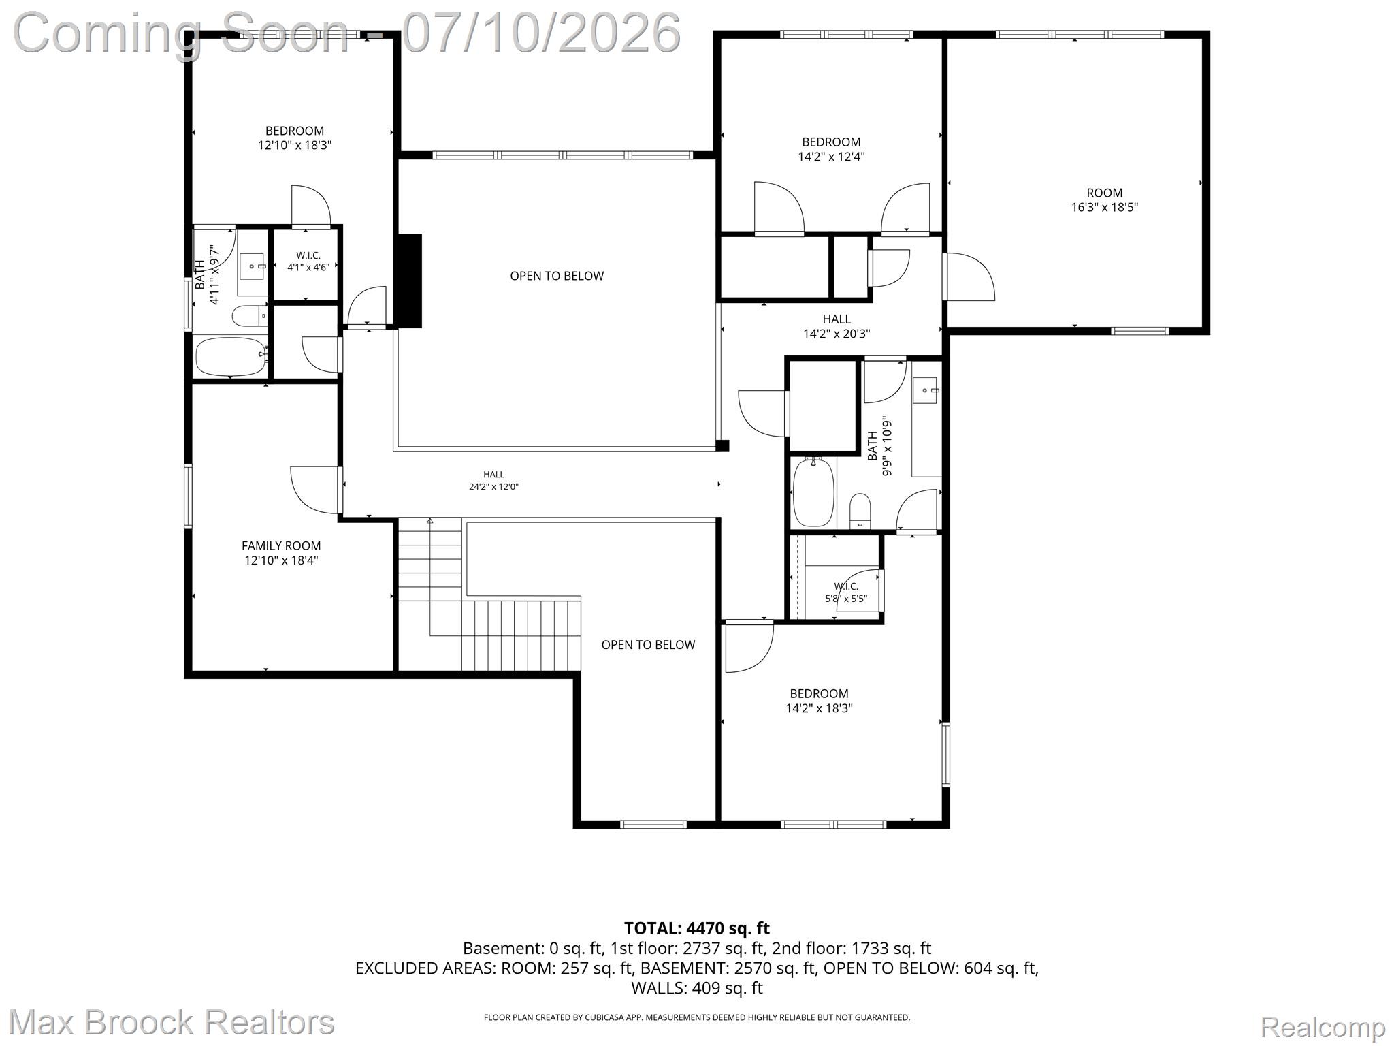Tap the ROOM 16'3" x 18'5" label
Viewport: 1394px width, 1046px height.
click(1104, 200)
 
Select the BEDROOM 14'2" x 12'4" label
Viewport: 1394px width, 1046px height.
click(831, 149)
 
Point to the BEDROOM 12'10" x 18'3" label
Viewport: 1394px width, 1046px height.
click(295, 138)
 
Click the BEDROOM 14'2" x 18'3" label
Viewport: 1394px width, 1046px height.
click(819, 701)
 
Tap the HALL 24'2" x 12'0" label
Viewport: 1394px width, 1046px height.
click(494, 481)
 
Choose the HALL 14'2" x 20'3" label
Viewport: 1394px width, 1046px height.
click(837, 326)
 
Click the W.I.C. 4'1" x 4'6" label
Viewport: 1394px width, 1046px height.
click(308, 261)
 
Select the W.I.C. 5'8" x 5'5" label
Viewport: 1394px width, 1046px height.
click(846, 592)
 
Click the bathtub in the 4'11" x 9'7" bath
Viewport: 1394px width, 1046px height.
click(231, 357)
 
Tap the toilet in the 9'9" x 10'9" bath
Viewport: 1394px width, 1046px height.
click(860, 511)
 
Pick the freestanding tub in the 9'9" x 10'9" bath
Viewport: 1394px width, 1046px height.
click(814, 492)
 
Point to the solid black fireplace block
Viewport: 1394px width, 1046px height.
click(409, 281)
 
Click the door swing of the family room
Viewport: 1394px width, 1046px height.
click(314, 490)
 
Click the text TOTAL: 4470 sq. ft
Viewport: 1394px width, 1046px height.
click(697, 928)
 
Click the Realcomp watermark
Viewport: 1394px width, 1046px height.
click(1323, 1026)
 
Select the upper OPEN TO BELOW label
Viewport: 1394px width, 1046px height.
click(557, 276)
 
